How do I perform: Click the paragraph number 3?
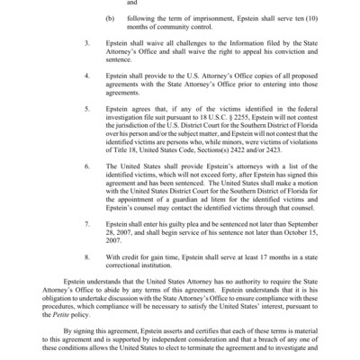point(86,67)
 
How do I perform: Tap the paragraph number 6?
point(86,167)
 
